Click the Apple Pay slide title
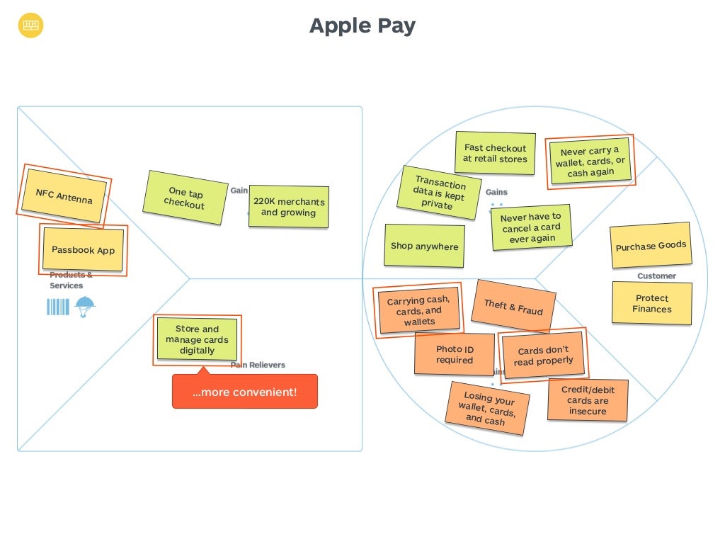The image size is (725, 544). pos(362,26)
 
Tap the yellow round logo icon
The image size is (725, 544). pos(31,26)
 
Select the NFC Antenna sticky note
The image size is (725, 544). pos(64,196)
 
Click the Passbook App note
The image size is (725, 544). pos(83,250)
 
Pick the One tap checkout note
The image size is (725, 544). pos(184,198)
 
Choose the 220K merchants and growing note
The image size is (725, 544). pos(289,207)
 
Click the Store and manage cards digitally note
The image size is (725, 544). pos(197,340)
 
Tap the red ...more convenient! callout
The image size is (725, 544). pos(245,392)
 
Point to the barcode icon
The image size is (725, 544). pos(58,307)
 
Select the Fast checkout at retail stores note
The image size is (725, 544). pos(495,154)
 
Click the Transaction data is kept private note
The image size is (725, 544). pos(439,193)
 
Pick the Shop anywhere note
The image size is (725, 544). pos(424,246)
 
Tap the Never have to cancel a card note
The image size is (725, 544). pos(531,227)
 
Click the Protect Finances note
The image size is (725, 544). pos(652,303)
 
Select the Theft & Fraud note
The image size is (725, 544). pos(513,306)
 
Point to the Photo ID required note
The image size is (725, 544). pos(455,354)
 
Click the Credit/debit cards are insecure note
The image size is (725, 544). pos(588,400)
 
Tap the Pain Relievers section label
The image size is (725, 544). pos(258,365)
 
